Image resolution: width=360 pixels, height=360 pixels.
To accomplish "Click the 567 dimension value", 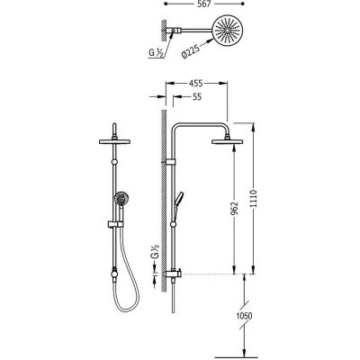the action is point(205,4).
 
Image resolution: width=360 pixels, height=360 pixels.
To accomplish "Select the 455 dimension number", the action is point(196,83).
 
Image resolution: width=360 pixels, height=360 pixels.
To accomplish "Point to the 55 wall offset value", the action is point(196,97).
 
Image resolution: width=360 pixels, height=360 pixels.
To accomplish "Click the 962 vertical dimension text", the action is point(234,208).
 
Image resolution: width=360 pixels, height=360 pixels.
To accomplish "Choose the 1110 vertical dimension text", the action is point(254,199).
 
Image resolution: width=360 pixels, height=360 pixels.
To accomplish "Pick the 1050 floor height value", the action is point(244,316).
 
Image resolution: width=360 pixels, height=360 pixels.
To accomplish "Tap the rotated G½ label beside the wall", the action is point(155,251).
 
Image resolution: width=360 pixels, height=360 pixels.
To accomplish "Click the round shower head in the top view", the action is point(228,31).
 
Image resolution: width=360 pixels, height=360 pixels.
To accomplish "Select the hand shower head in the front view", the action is point(121,198).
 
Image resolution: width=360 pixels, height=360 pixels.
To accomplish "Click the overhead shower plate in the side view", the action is point(227,141).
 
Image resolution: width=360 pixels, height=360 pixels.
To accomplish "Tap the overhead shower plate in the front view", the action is point(114,141).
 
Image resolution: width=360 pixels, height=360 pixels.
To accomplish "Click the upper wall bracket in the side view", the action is point(170,162).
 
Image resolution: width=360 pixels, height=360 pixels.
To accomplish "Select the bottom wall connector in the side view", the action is point(173,274).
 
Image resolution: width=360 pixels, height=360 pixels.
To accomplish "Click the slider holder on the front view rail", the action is point(115,224).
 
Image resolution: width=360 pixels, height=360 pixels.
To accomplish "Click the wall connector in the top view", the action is point(174,31).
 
